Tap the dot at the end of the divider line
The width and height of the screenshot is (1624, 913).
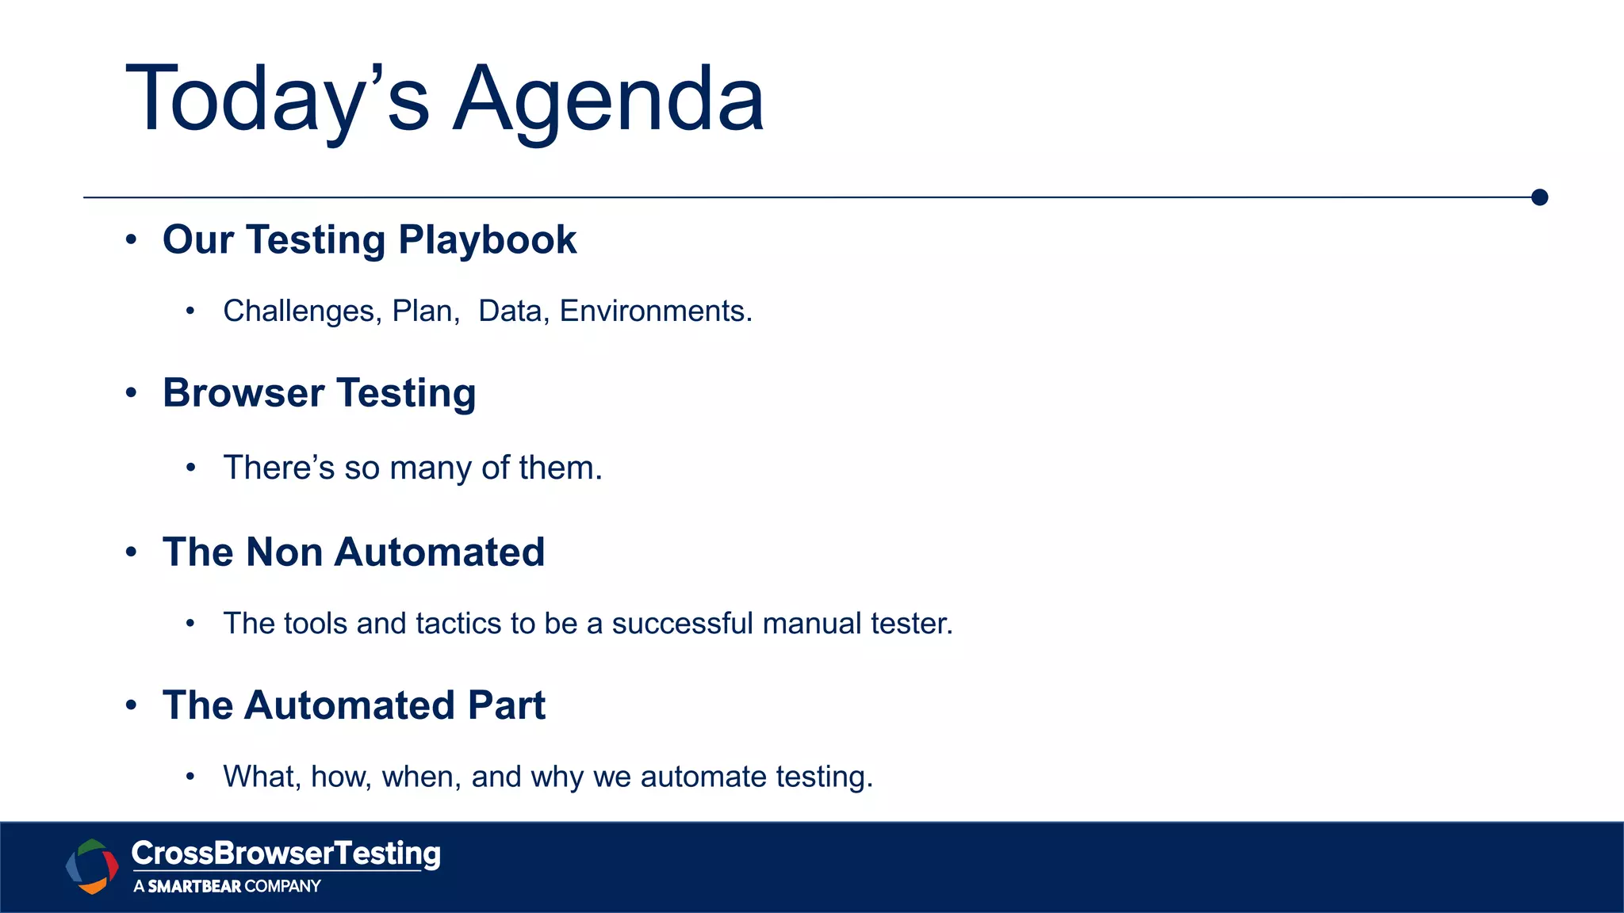coord(1540,197)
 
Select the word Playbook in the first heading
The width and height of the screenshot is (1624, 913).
coord(487,240)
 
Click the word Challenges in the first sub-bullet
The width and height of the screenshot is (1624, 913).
coord(298,311)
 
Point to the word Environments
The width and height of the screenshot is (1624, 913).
coord(655,311)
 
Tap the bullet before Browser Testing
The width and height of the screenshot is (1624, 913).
coord(132,393)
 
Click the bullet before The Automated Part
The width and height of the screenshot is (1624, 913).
coord(132,705)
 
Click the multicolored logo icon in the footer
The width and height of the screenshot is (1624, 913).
coord(92,866)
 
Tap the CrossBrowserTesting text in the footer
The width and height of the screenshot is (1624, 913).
coord(285,854)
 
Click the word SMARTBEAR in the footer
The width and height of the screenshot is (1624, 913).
coord(194,887)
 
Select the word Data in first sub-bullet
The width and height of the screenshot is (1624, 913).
coord(510,311)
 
